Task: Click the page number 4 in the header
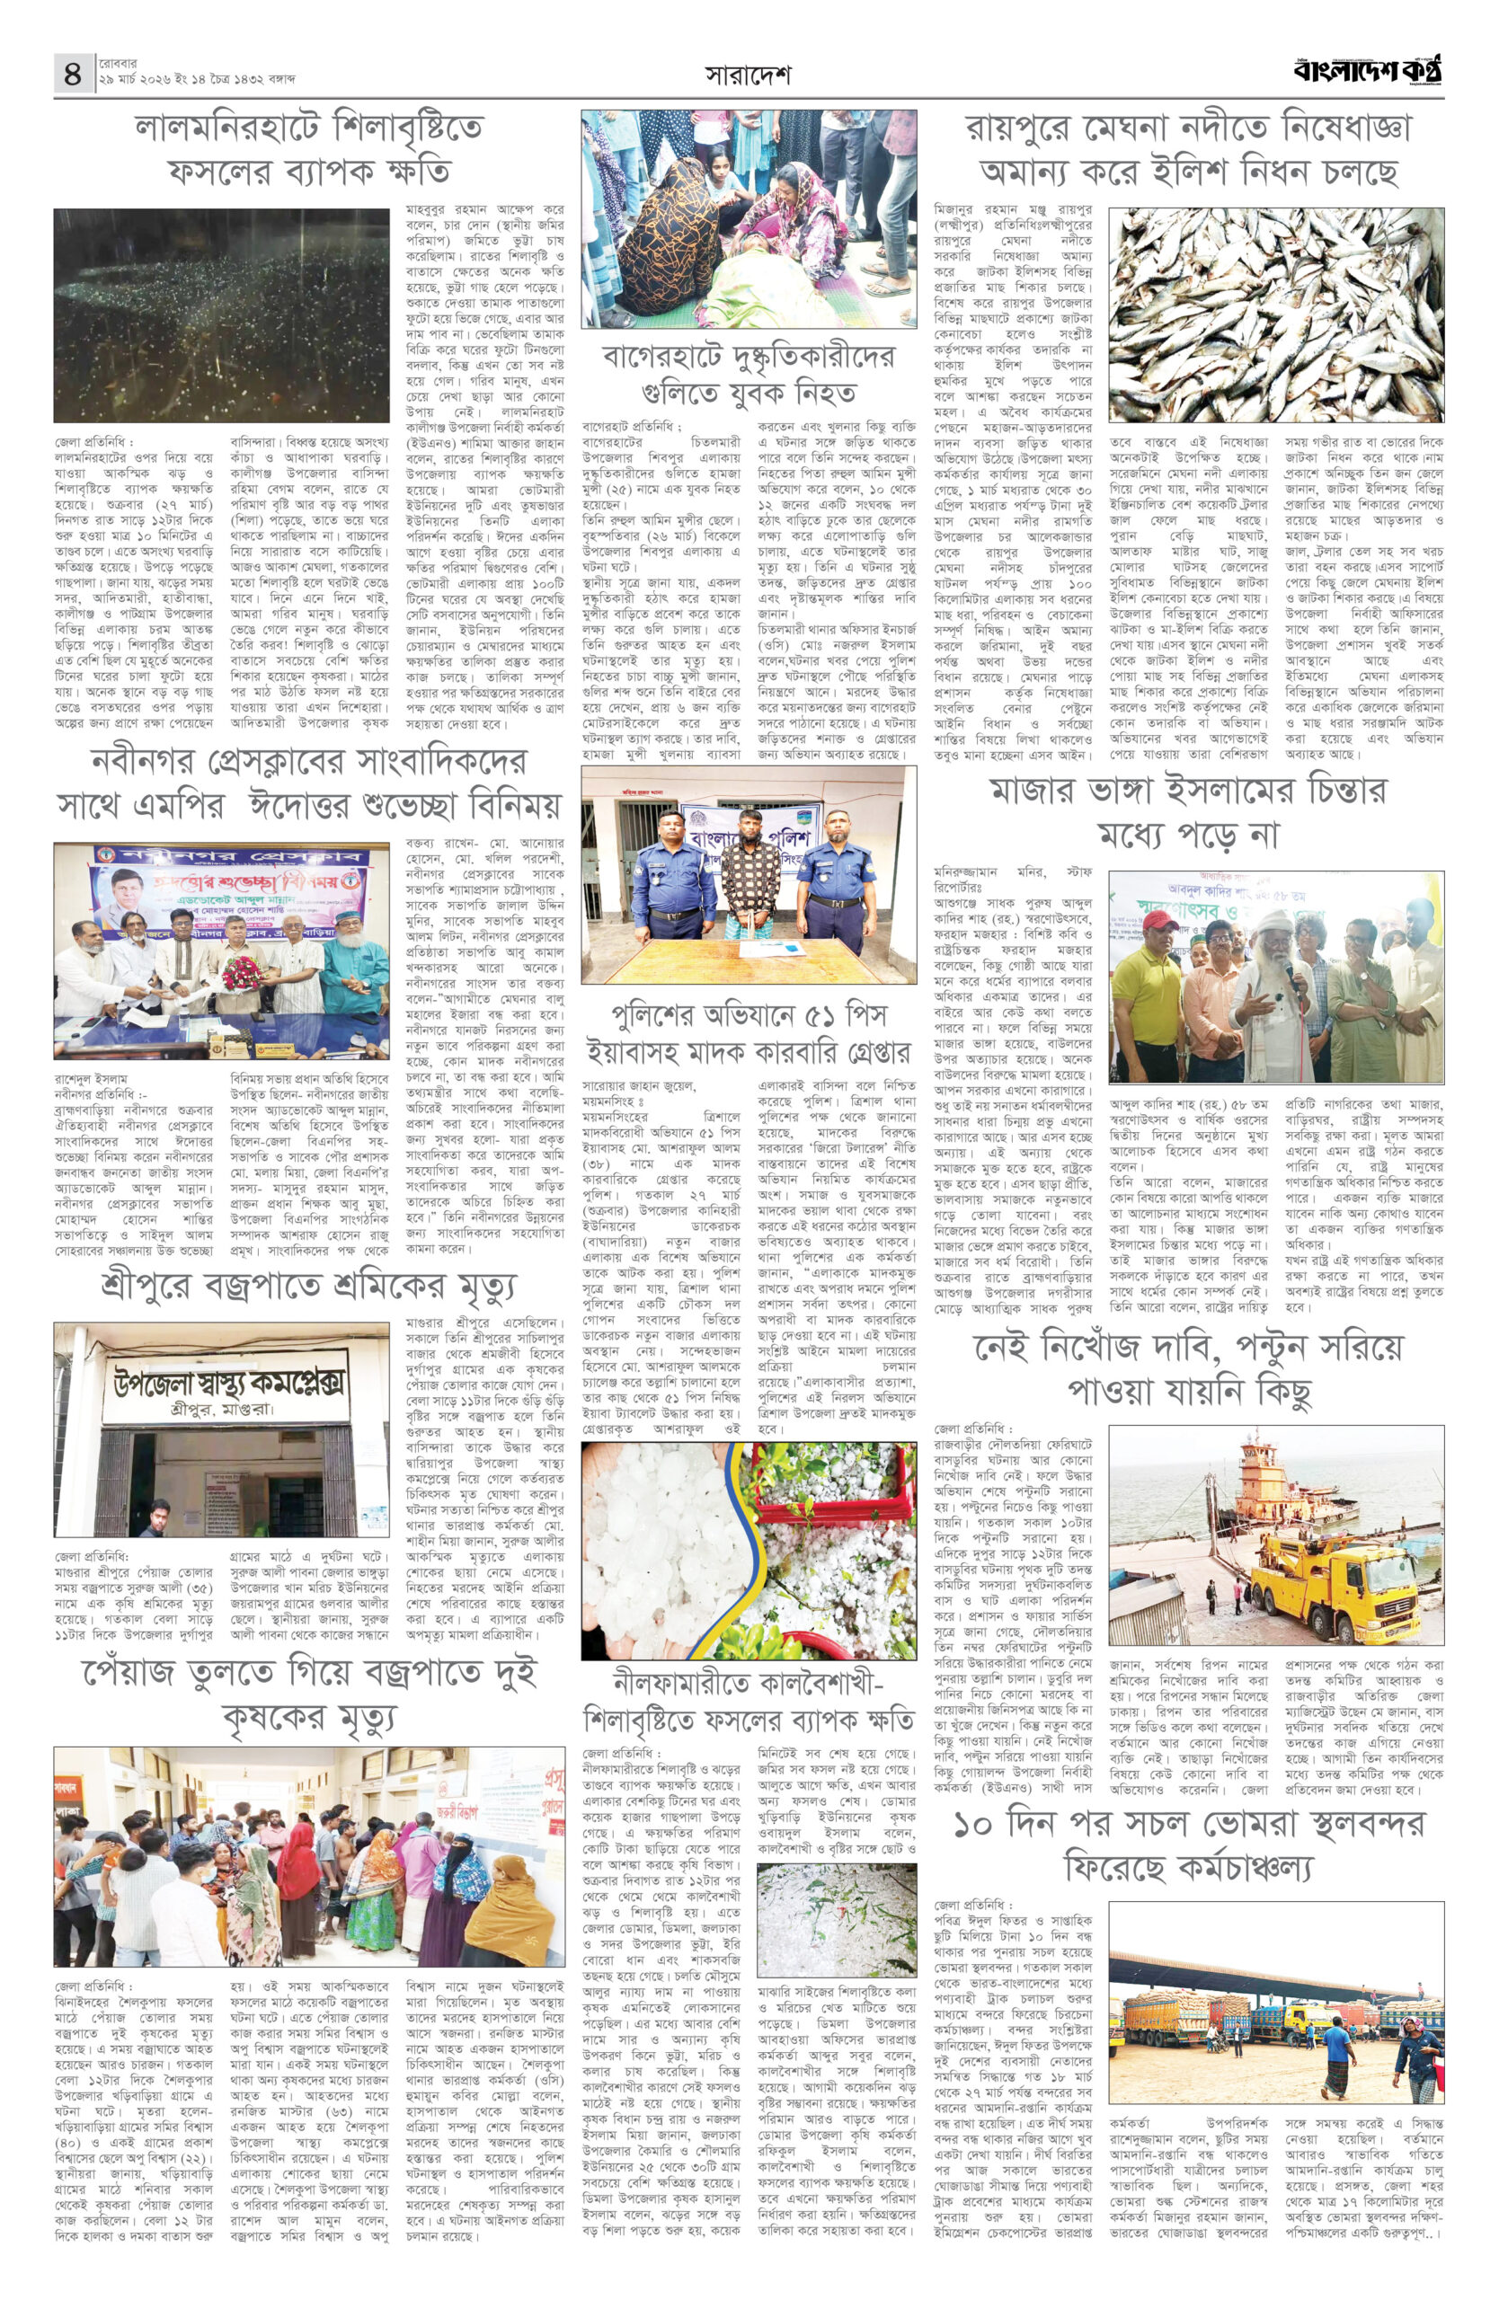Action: point(73,74)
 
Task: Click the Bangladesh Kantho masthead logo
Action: point(1369,71)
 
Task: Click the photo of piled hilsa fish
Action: point(1276,314)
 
